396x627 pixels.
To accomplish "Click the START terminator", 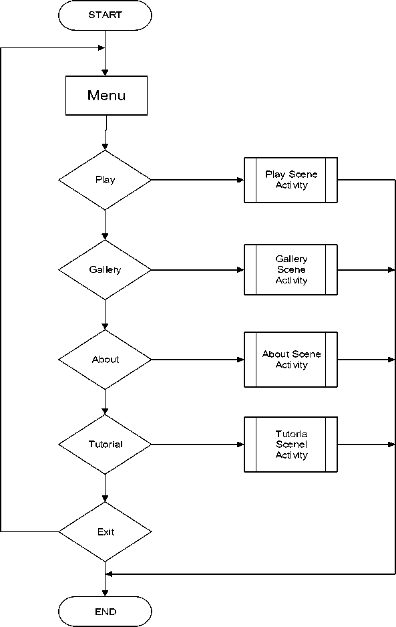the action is (105, 15).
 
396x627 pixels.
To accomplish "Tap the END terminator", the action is (105, 612).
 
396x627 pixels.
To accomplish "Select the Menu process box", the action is (106, 96).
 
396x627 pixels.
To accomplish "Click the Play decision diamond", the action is (105, 180).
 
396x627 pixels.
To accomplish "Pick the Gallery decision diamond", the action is (105, 270).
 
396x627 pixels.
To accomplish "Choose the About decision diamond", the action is (105, 360).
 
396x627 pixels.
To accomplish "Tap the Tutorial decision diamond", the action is (105, 445).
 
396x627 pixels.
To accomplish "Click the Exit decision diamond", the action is (105, 532).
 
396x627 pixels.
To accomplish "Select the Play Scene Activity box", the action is (291, 180).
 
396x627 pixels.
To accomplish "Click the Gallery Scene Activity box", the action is (291, 270).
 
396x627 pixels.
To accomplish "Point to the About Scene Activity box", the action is (291, 360).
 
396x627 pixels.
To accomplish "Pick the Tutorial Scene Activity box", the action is (291, 445).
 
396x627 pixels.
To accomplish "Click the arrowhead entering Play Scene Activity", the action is (241, 180).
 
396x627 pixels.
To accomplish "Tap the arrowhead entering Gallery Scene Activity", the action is (241, 270).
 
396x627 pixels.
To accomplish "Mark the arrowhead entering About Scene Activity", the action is (241, 360).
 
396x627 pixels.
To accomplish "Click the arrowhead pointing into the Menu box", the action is (105, 73).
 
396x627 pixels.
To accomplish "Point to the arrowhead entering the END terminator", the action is (105, 593).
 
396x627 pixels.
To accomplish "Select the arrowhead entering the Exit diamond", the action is (105, 499).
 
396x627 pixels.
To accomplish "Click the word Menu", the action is (106, 96).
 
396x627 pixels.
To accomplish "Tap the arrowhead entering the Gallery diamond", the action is (105, 237).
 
